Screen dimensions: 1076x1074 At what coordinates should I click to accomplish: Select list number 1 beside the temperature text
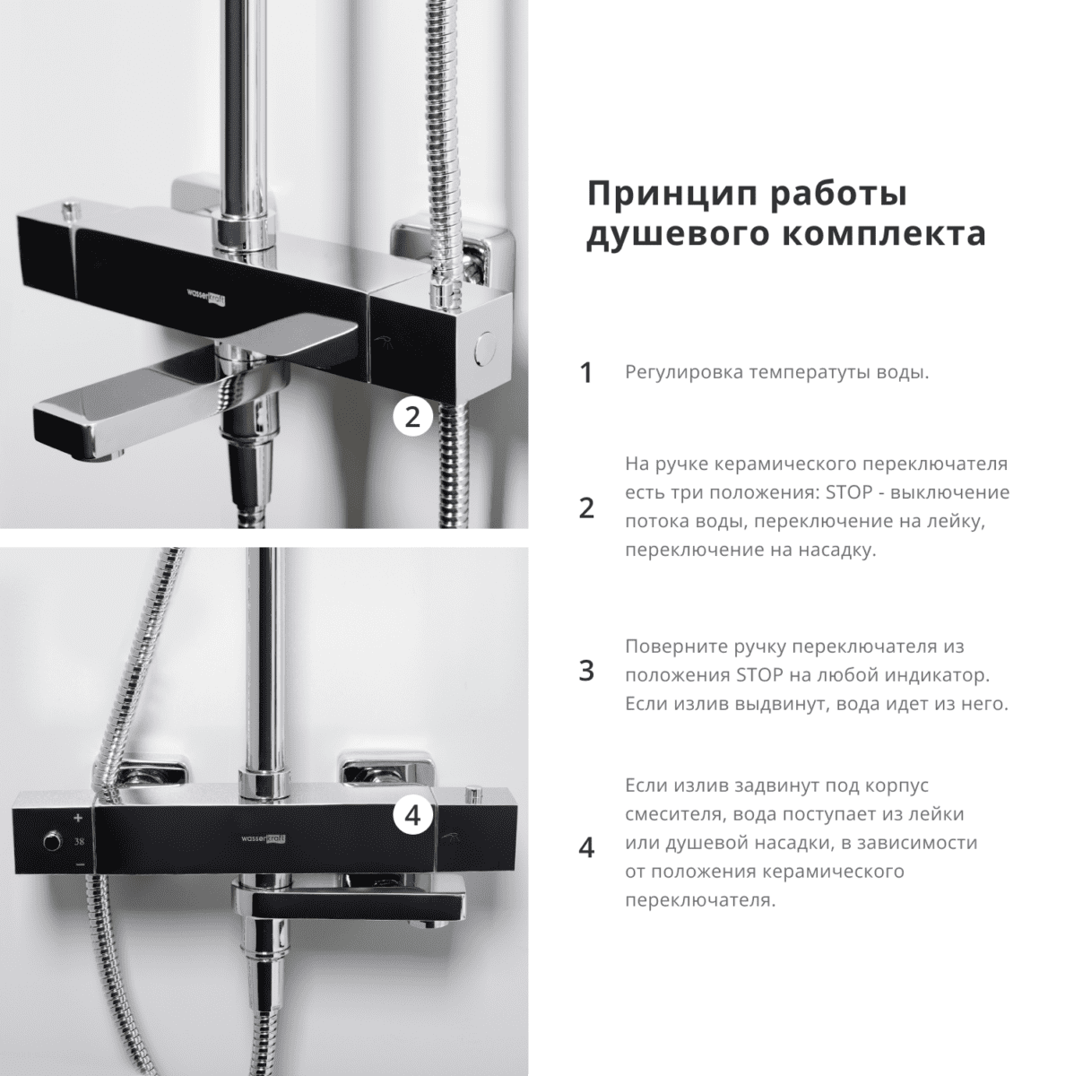586,373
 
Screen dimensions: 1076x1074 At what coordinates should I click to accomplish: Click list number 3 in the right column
586,672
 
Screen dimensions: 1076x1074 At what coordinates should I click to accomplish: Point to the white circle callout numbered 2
412,417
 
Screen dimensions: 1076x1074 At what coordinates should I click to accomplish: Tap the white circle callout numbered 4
412,816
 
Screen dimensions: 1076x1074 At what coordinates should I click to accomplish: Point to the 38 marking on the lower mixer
80,841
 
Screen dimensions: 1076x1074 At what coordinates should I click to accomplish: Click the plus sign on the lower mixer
79,818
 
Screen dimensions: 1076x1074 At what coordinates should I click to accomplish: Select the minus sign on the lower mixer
80,863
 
